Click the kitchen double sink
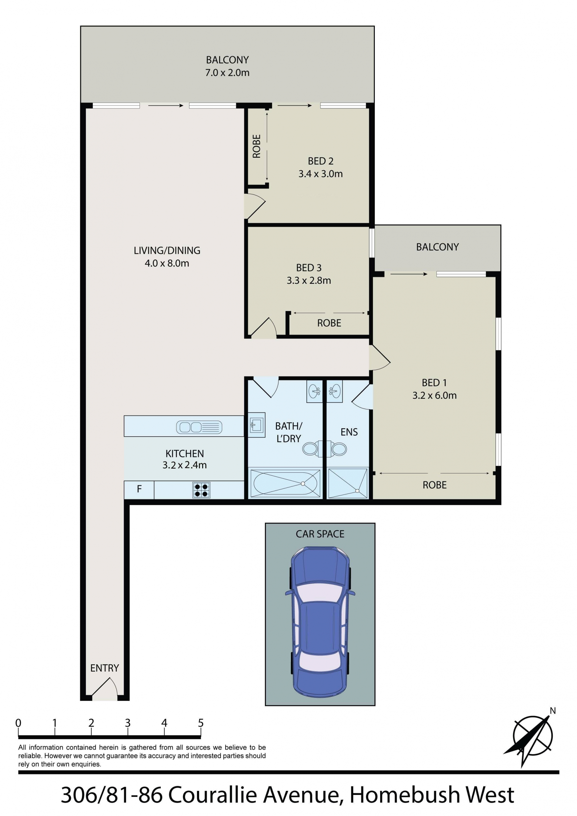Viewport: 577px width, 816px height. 199,427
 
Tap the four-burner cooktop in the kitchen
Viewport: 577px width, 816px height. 201,490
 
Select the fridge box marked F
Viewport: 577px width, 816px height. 139,490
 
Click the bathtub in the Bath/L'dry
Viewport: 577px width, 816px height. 285,483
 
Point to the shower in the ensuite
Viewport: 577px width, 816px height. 348,483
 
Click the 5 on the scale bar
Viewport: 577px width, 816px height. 201,723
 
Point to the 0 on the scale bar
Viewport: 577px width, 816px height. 18,723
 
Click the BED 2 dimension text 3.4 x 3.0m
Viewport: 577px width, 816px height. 321,174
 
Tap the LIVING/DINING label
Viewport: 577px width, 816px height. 167,251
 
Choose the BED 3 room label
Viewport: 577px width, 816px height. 309,268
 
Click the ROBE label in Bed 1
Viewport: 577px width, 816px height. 434,485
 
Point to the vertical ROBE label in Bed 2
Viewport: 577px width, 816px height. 256,146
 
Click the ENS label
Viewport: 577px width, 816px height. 349,432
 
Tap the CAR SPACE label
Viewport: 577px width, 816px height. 320,534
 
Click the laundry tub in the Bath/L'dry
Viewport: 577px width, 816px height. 256,425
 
